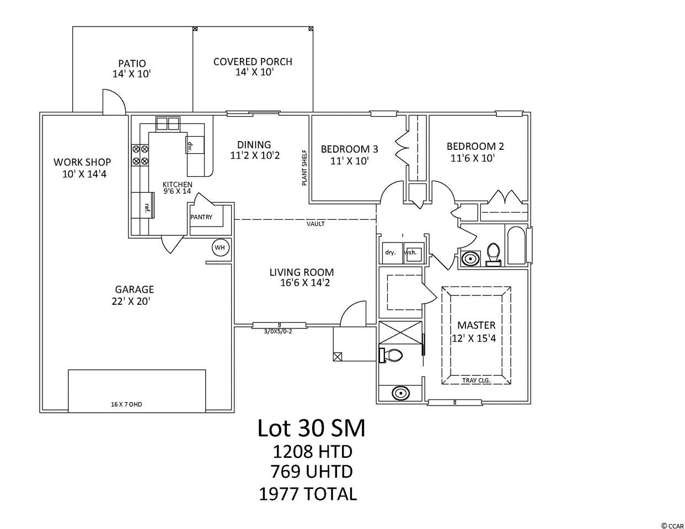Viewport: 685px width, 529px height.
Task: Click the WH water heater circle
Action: (x=220, y=247)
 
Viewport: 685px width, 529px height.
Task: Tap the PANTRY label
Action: (x=201, y=217)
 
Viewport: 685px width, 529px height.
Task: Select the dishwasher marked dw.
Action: (x=195, y=145)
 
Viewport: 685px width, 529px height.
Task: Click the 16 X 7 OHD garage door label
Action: (x=126, y=404)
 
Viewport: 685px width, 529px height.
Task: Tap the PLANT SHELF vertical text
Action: (x=304, y=167)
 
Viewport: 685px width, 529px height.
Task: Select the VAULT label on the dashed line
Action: (x=315, y=224)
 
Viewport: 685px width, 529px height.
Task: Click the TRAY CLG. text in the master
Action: (x=477, y=380)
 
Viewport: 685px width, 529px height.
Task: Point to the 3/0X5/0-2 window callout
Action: (x=278, y=331)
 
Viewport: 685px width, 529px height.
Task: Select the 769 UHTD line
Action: (x=312, y=471)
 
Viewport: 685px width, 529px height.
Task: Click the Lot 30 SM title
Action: (x=311, y=428)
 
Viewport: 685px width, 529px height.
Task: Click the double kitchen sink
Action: (x=168, y=123)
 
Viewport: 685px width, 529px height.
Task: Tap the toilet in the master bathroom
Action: (x=392, y=355)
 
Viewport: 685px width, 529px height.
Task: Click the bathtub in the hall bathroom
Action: (x=516, y=246)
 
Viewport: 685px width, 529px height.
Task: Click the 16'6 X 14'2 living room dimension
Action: (x=305, y=283)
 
